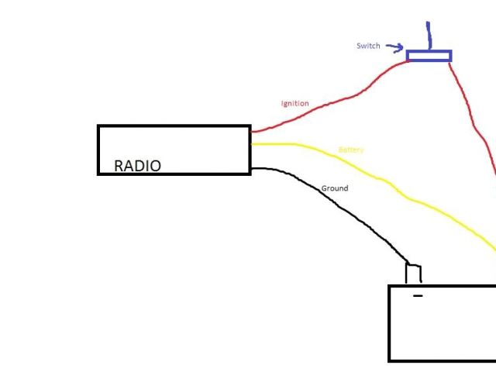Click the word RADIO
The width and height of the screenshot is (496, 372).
tap(137, 165)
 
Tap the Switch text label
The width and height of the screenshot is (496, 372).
tap(368, 46)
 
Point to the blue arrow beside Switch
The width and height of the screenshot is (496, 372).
tap(394, 48)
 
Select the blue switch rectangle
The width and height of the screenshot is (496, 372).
tap(429, 56)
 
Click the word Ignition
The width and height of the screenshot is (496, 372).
tap(294, 103)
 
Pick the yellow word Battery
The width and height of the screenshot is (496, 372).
tap(351, 150)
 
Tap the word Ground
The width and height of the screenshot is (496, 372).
tap(335, 188)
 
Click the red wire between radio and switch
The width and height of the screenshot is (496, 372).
tap(341, 96)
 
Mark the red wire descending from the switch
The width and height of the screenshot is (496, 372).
tap(473, 116)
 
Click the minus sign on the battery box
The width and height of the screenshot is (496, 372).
tap(418, 296)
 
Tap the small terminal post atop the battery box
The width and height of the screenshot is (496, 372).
tap(414, 274)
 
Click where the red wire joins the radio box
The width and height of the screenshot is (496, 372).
tap(251, 132)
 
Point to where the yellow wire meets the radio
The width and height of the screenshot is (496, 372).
tap(251, 144)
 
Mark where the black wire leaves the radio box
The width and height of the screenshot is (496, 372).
tap(251, 168)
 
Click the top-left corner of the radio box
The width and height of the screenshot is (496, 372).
tap(98, 126)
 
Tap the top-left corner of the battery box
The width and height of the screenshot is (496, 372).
tap(389, 286)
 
